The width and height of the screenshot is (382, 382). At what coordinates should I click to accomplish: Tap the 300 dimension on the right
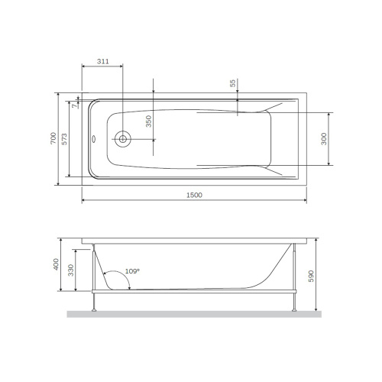[324, 138]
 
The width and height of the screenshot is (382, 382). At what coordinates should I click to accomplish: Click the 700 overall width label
[52, 138]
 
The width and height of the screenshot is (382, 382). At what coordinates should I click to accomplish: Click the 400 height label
[56, 264]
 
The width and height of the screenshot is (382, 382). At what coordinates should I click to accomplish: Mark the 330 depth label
[71, 270]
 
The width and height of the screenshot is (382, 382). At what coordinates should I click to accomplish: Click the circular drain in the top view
[121, 139]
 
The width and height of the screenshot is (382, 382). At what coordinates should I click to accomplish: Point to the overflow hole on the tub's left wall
[93, 139]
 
